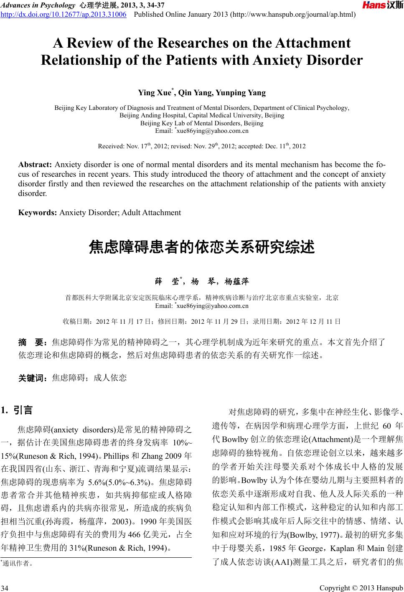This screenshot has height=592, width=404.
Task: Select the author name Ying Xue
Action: click(x=156, y=92)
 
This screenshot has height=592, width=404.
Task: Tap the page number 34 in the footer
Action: click(x=5, y=588)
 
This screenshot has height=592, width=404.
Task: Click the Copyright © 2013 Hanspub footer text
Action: click(x=361, y=588)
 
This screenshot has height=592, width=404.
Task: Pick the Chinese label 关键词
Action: click(x=33, y=378)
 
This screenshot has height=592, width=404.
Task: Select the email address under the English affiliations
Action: click(x=202, y=131)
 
